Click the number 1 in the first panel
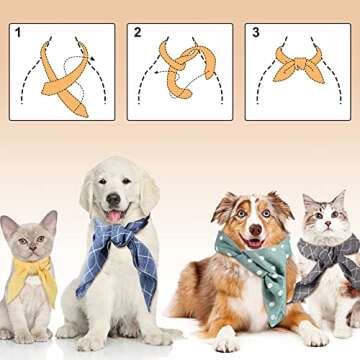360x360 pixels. coord(18,33)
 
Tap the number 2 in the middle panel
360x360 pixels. coord(136,33)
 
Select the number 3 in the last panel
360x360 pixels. coord(255,33)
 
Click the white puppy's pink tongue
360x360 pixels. coord(113,216)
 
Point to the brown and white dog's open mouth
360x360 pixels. coord(253,241)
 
